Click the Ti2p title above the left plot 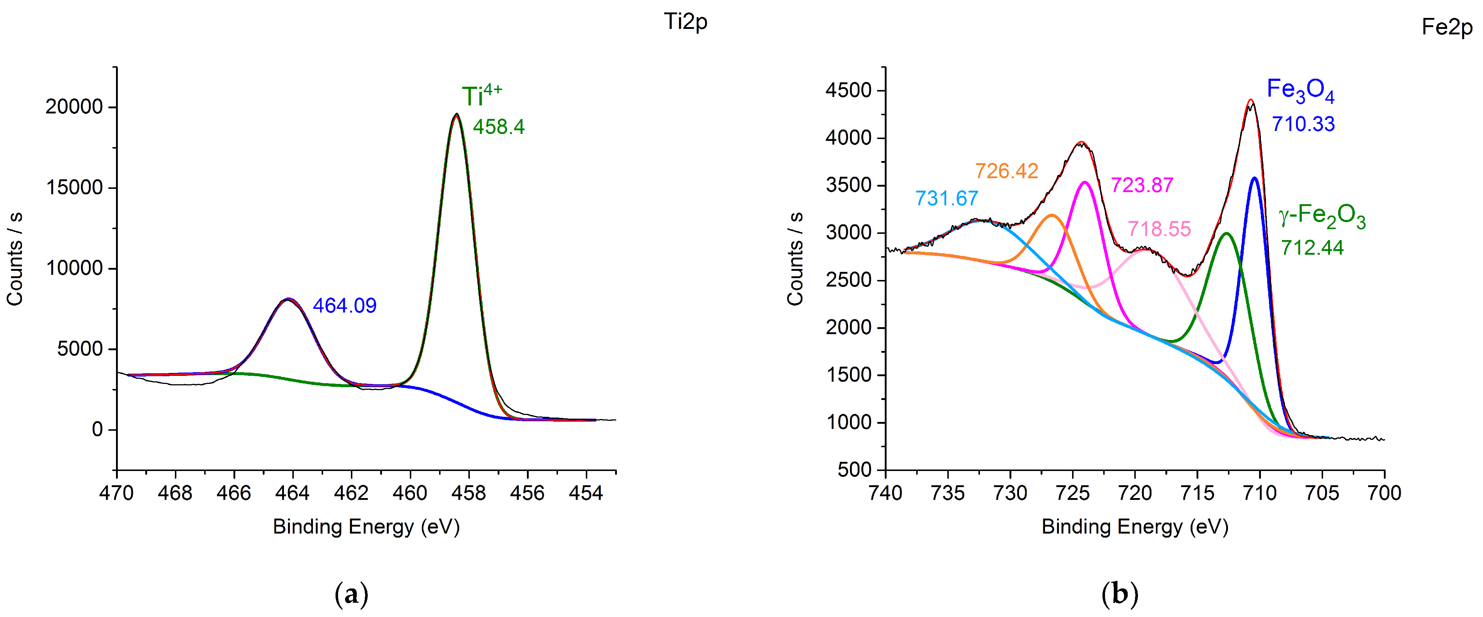click(685, 22)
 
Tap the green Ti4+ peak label click(481, 95)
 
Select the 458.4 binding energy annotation click(499, 127)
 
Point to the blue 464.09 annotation click(344, 306)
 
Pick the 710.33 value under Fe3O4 click(1303, 124)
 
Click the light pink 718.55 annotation click(1159, 229)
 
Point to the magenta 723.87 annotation click(1142, 185)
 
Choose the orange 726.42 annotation click(1006, 171)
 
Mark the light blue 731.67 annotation click(947, 199)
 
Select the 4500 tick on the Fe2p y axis click(848, 90)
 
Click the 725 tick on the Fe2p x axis click(1072, 493)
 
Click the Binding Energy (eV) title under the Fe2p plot click(1135, 527)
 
